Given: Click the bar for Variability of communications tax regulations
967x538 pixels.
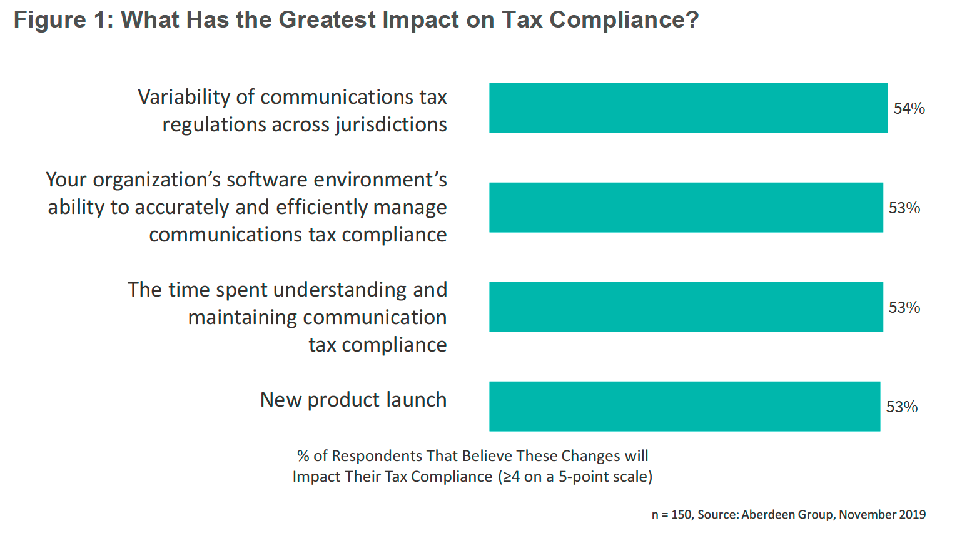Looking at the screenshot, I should point(688,108).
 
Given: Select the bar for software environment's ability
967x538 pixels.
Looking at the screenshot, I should point(686,208).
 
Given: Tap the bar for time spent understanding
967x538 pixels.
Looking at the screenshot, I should point(686,307).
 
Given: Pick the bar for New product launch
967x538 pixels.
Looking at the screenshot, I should point(684,407).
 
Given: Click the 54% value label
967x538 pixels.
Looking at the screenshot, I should point(909,109).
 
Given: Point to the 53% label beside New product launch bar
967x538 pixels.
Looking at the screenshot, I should point(901,407).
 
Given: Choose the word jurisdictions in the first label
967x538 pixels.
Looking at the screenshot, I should point(391,125).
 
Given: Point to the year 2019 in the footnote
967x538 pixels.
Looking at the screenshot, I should point(912,515).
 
